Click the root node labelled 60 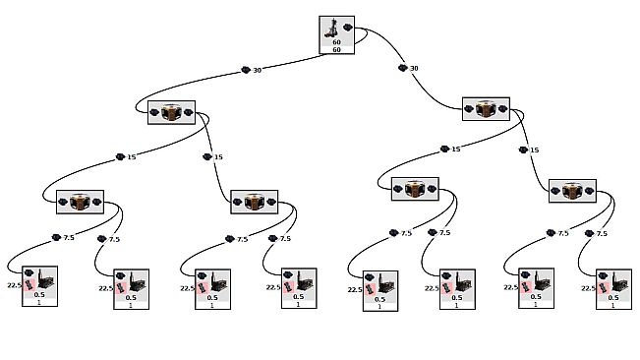[x=337, y=34]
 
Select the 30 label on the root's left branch [x=258, y=70]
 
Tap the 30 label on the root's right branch [x=414, y=68]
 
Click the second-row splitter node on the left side [x=171, y=112]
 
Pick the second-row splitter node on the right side [x=486, y=109]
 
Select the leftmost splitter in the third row [x=80, y=202]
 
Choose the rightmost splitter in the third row [x=572, y=192]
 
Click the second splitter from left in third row [x=254, y=202]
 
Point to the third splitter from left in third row [x=414, y=189]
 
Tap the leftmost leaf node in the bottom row [x=39, y=286]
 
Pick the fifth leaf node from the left [x=380, y=291]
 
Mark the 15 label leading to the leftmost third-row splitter [x=131, y=156]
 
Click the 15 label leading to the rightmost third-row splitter [x=534, y=150]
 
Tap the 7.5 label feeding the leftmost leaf [x=69, y=238]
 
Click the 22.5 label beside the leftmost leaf [x=14, y=284]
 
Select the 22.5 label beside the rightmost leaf [x=588, y=288]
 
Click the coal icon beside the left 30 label [x=246, y=70]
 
